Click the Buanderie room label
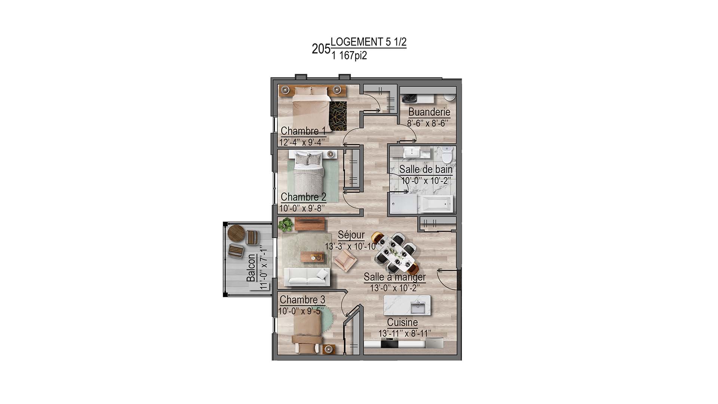[429, 111]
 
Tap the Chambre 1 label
[303, 131]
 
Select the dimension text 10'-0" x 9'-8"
[302, 208]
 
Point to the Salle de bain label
[426, 169]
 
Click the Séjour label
[351, 235]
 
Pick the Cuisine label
[402, 322]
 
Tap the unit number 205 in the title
[321, 49]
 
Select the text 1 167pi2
[349, 56]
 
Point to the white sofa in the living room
[307, 277]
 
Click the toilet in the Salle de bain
[447, 153]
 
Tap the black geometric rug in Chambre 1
[338, 116]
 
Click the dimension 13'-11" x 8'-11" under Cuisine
[405, 333]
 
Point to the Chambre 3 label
[302, 300]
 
